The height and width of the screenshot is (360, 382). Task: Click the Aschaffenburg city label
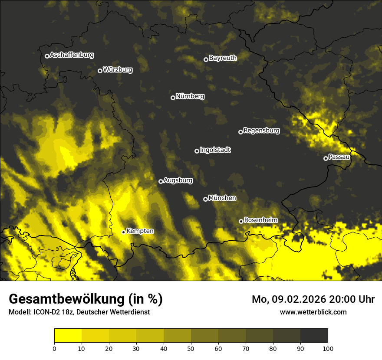(x=72, y=55)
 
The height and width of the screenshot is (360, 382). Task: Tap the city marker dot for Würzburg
(x=100, y=71)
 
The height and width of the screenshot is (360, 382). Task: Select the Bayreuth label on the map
(x=223, y=58)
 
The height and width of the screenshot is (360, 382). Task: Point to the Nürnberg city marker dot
(x=173, y=98)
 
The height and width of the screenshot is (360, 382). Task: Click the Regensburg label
(x=261, y=130)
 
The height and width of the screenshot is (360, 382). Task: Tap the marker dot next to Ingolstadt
(x=197, y=151)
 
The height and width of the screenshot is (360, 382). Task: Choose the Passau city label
(x=339, y=157)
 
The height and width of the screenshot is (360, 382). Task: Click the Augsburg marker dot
(x=161, y=181)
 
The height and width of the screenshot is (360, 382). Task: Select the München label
(x=222, y=198)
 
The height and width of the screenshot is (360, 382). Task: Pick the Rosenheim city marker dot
(x=241, y=221)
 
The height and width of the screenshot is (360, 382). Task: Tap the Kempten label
(x=140, y=231)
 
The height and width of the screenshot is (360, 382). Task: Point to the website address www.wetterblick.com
(x=313, y=312)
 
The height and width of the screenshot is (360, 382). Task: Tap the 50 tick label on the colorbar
(x=191, y=348)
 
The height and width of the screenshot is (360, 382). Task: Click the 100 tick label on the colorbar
(x=328, y=348)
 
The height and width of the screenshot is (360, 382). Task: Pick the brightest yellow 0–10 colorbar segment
(x=68, y=336)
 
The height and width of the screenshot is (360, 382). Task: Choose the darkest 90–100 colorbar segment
(x=314, y=336)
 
